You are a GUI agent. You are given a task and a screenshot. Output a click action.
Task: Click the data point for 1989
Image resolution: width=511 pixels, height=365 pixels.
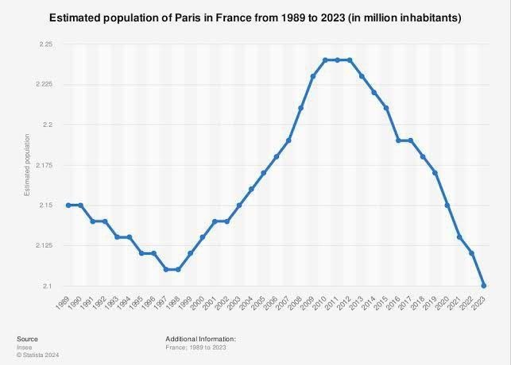point(69,205)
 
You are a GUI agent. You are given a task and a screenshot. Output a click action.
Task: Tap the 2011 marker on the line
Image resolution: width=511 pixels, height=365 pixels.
point(337,60)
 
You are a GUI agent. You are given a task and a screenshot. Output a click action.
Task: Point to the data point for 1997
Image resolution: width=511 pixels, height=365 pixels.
point(167,269)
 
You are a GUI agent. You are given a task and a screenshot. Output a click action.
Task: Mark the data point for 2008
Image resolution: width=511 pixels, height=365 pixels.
point(300,108)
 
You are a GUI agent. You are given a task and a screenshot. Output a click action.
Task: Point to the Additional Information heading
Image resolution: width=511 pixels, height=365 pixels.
point(201,339)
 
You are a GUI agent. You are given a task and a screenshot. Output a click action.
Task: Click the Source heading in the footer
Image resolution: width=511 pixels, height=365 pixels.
point(27,339)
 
